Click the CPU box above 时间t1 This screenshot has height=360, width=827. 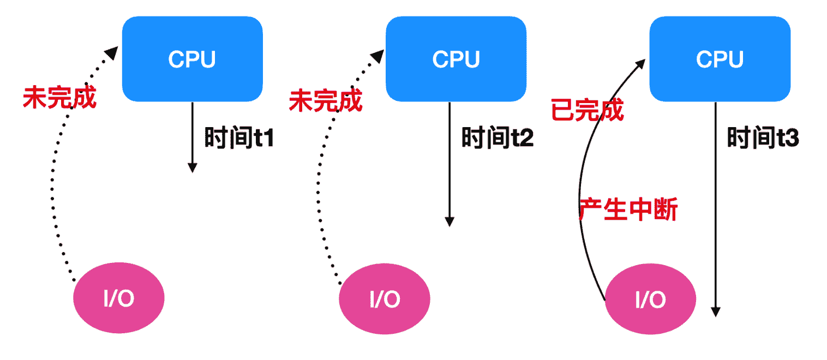click(x=192, y=59)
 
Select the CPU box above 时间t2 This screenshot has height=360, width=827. click(x=456, y=59)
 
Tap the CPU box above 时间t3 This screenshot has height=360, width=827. click(x=720, y=59)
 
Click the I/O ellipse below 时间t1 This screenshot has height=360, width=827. click(x=119, y=299)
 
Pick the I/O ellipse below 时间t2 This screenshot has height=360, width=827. click(x=385, y=299)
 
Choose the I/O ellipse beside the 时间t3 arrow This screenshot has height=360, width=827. click(x=651, y=299)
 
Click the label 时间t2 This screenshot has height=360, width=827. click(x=498, y=137)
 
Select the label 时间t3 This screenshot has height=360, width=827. click(x=763, y=137)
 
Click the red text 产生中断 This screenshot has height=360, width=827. click(x=628, y=209)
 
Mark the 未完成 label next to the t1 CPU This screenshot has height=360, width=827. click(x=59, y=99)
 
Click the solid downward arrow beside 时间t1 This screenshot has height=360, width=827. click(x=192, y=136)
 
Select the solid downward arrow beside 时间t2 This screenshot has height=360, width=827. click(x=450, y=164)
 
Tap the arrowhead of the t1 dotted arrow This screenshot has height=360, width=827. click(x=112, y=52)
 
